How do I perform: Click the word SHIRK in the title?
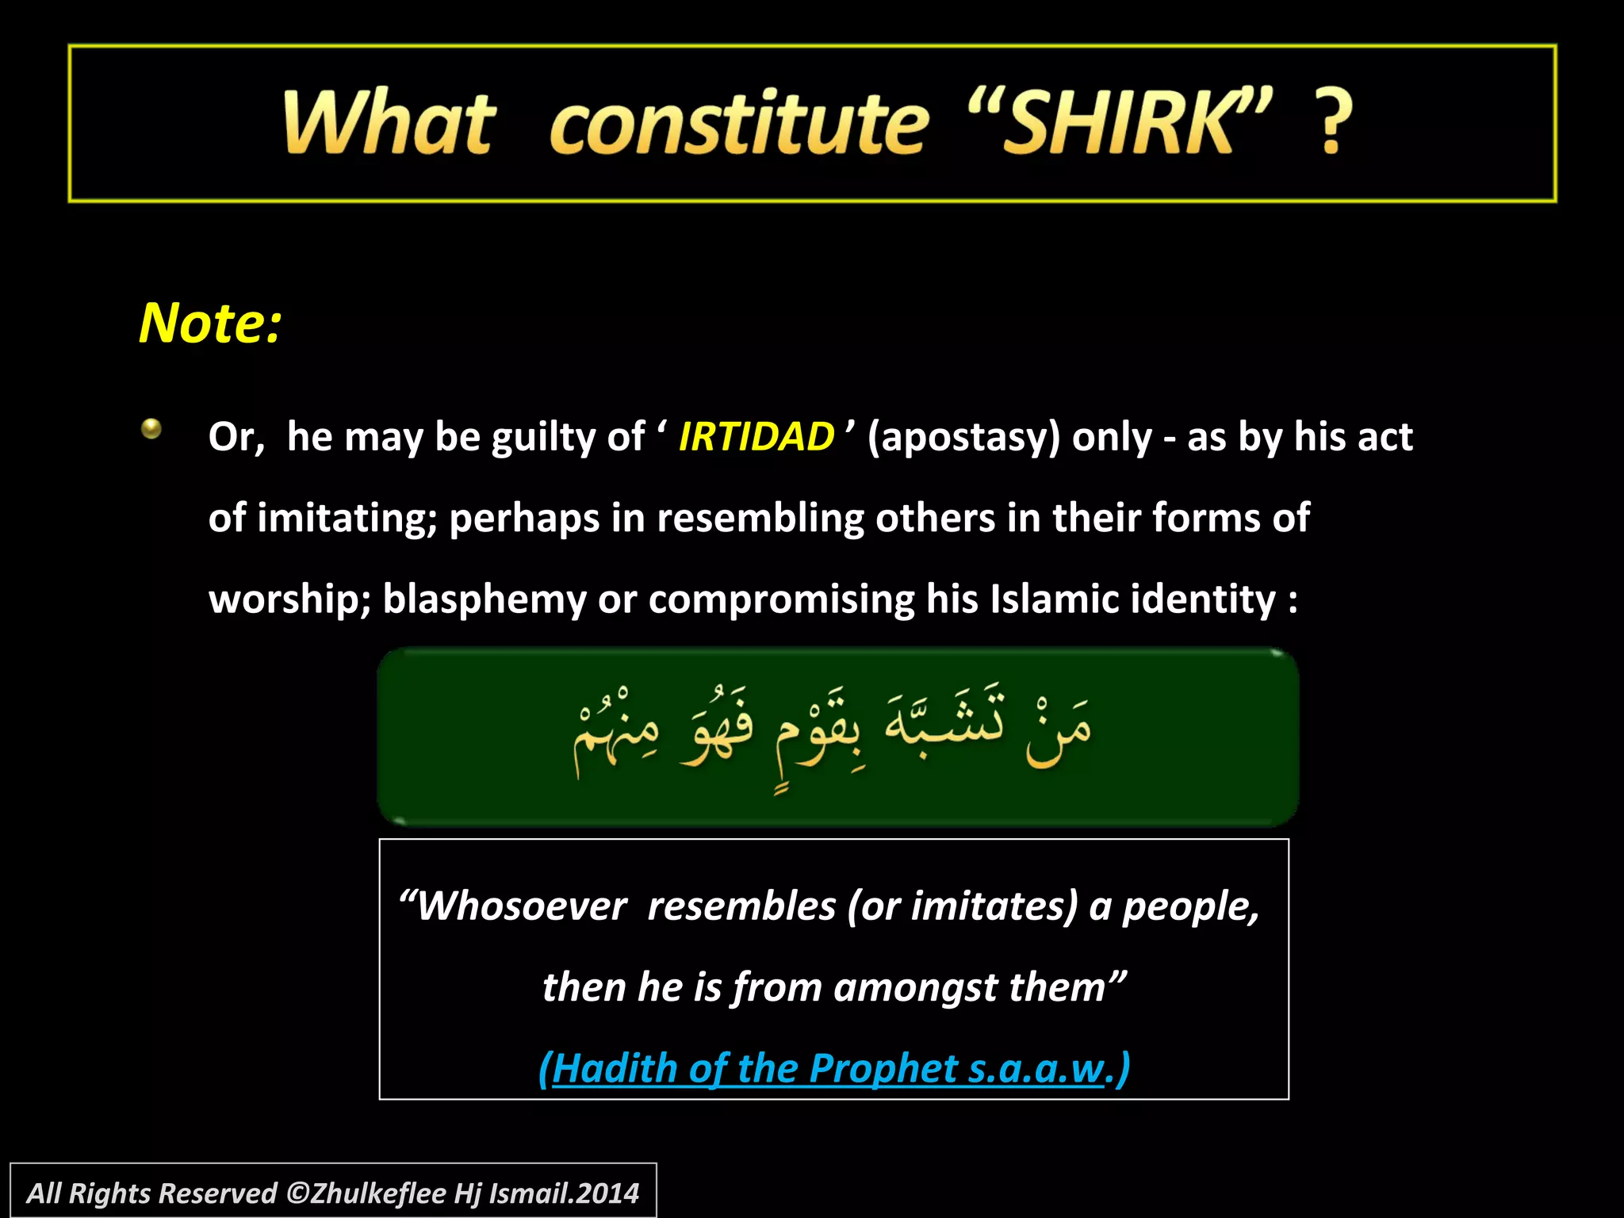point(1118,123)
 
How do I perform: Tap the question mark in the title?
point(1333,123)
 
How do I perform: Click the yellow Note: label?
point(210,324)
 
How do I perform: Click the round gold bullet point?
point(151,429)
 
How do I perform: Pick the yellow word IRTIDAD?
point(756,437)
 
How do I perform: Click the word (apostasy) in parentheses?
point(963,437)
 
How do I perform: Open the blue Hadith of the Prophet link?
point(833,1069)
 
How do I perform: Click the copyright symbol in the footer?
point(297,1193)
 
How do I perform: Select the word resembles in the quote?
point(741,906)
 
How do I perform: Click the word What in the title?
point(389,123)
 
